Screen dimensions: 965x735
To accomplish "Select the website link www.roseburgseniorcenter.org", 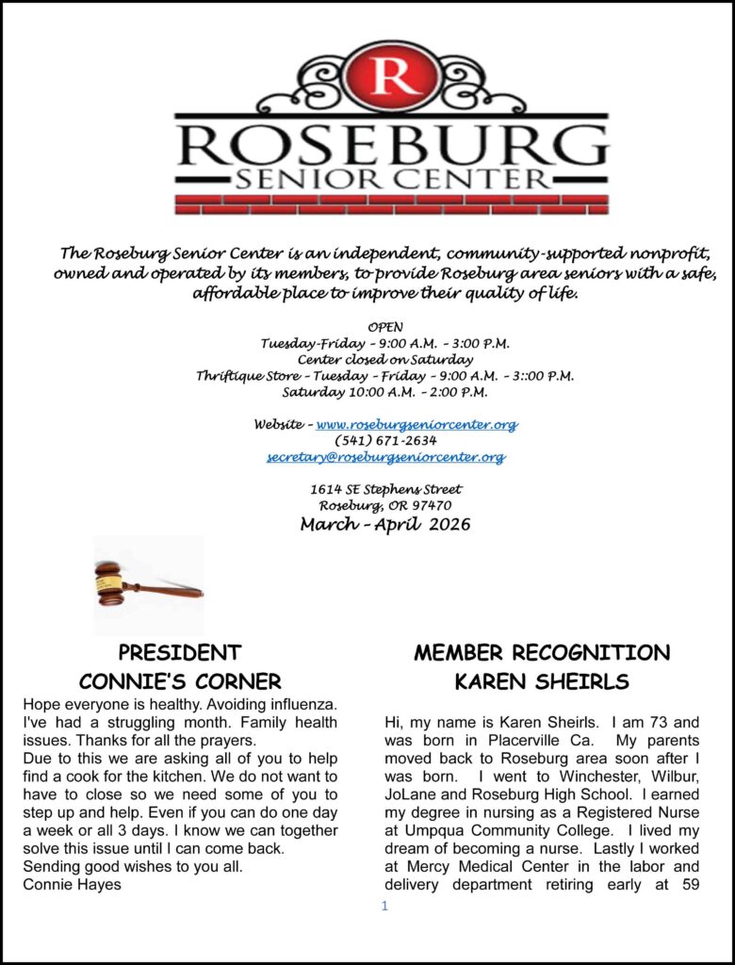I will [x=416, y=425].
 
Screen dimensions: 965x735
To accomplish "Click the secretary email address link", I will [x=385, y=457].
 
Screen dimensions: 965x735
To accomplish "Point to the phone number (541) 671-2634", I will [x=385, y=441].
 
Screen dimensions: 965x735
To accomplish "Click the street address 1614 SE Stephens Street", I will [x=385, y=489].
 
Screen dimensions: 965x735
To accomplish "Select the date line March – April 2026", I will [x=385, y=524].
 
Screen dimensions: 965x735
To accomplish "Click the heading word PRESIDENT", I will [x=180, y=653].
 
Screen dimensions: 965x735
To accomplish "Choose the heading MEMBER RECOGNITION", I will [x=542, y=653].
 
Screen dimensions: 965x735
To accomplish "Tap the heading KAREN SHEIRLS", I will [x=542, y=681].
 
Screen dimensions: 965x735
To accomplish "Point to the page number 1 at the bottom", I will [x=384, y=907].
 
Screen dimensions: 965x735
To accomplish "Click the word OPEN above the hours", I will [x=385, y=327].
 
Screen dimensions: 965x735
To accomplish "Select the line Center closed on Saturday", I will [x=385, y=359].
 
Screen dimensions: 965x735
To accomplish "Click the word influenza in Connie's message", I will [x=297, y=705].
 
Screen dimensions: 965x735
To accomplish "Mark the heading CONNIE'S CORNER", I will [x=180, y=681].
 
